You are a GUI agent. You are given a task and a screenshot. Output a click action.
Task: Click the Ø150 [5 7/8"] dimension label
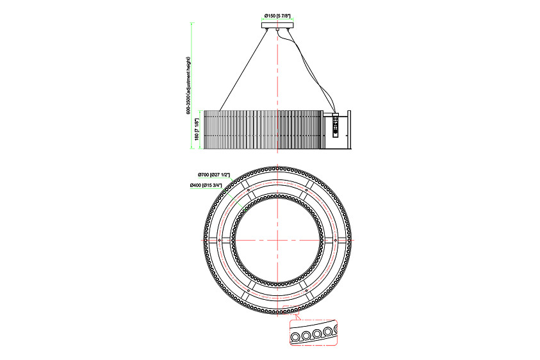(x=277, y=15)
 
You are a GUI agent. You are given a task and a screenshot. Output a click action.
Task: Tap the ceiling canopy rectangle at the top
(x=277, y=25)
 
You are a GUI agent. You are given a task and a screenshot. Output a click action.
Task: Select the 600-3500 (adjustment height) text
(x=188, y=85)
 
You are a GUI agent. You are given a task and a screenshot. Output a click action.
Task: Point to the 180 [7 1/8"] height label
(x=197, y=129)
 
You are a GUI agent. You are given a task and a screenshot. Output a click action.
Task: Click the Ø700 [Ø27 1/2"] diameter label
(x=214, y=174)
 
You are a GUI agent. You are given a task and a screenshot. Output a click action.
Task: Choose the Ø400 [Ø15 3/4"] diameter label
(x=206, y=185)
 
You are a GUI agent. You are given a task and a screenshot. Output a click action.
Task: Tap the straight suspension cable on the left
(x=243, y=70)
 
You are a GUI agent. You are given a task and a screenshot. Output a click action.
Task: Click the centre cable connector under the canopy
(x=277, y=30)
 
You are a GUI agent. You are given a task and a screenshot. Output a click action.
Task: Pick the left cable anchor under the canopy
(x=268, y=29)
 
